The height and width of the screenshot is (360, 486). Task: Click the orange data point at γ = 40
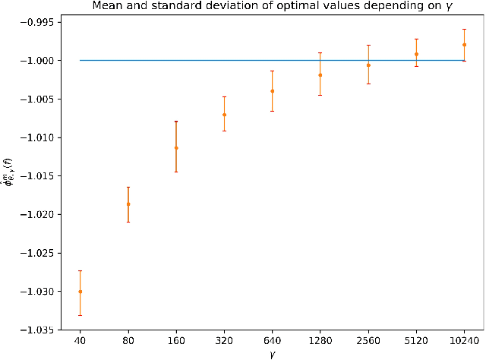click(x=80, y=292)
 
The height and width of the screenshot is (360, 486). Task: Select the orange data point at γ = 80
click(x=128, y=204)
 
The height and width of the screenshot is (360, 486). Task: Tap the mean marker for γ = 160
click(x=176, y=147)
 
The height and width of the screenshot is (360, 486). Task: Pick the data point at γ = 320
click(x=224, y=115)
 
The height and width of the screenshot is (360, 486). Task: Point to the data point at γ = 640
click(x=272, y=91)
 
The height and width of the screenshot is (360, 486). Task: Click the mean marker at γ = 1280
click(x=320, y=75)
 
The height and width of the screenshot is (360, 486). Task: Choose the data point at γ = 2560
click(x=368, y=65)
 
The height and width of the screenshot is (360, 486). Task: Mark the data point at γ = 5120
click(x=416, y=54)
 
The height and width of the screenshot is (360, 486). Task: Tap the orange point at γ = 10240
click(x=464, y=45)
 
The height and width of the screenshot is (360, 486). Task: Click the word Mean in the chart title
click(x=118, y=6)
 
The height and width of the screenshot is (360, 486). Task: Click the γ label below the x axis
click(x=272, y=354)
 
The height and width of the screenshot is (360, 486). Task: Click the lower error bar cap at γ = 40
click(x=80, y=315)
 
